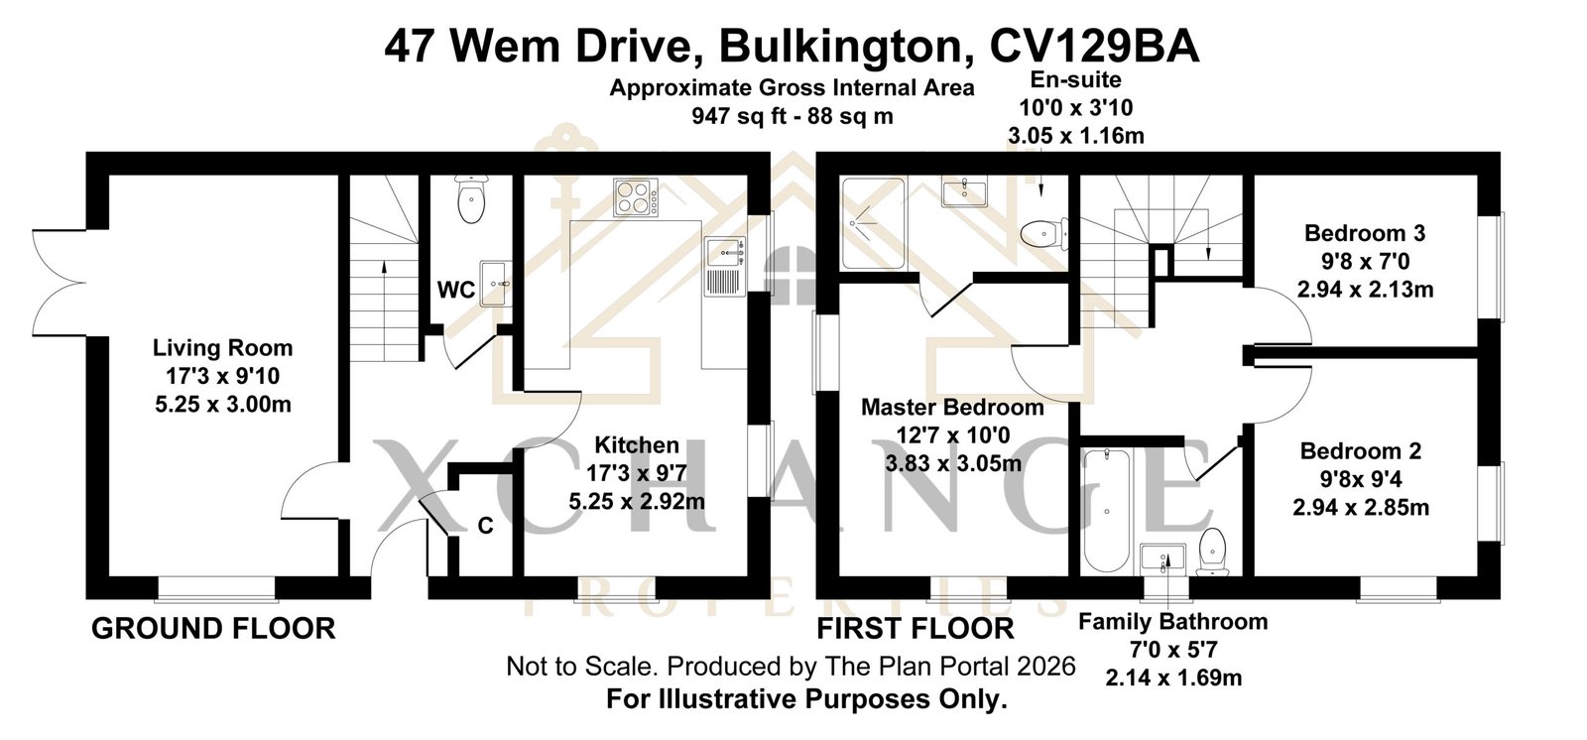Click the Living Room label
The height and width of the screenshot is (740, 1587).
coord(222,348)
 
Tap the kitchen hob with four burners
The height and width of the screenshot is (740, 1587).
coord(636,197)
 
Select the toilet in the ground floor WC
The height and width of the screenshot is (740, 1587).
coord(471,199)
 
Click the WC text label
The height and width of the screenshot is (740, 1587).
coord(456,290)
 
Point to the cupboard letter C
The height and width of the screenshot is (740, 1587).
coord(485,526)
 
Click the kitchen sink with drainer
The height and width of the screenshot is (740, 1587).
coord(725,266)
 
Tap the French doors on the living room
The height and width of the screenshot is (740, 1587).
coord(61,282)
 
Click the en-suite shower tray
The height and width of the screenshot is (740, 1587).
coord(873,223)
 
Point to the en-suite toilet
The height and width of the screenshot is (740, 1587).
coord(1044,233)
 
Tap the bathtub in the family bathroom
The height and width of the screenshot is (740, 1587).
coord(1107,510)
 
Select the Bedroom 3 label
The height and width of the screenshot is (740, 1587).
coord(1365,232)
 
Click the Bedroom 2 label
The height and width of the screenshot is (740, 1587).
coord(1361,450)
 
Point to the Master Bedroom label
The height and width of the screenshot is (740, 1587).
coord(952,407)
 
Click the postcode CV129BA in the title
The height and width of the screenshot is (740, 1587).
coord(1095,47)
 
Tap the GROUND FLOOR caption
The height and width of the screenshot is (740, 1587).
coord(213,629)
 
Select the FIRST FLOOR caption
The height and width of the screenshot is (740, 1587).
coord(916,629)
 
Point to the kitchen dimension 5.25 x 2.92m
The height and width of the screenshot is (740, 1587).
coord(637,501)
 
